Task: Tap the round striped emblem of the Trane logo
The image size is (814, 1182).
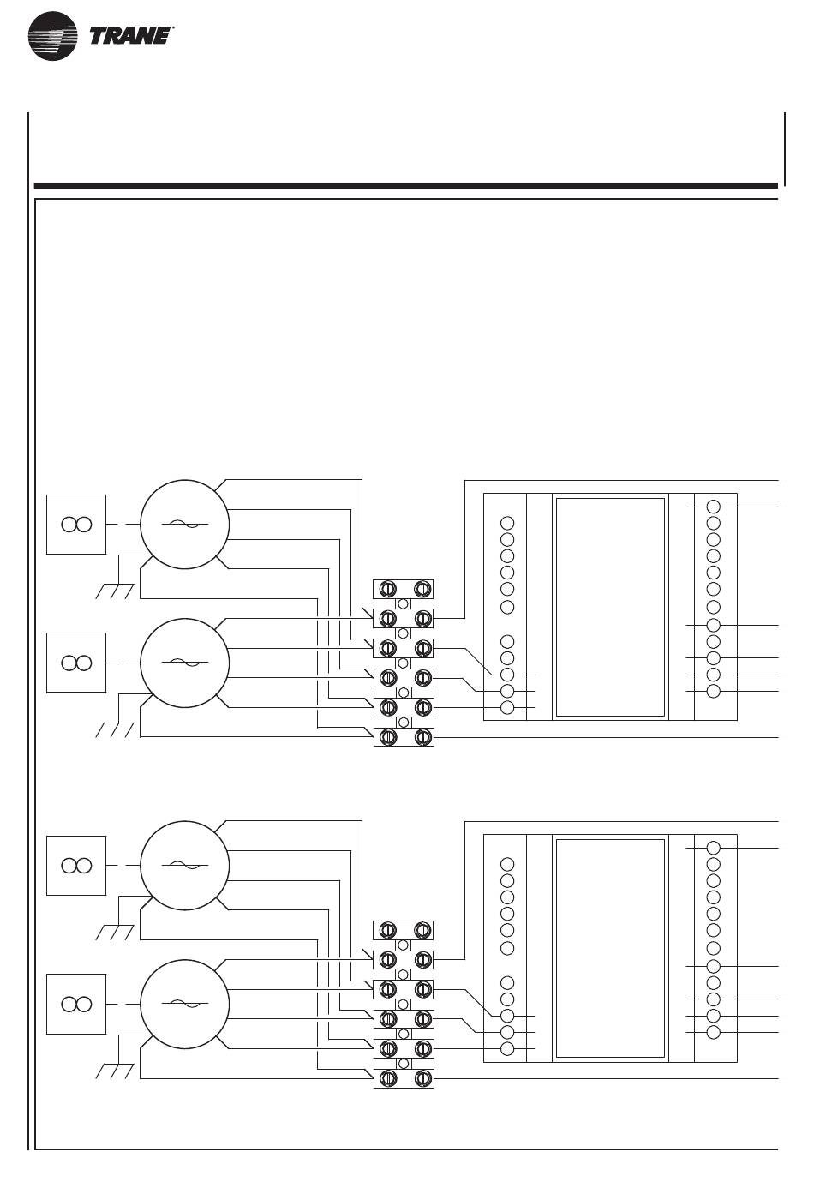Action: (x=53, y=36)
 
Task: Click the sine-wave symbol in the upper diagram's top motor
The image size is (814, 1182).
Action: (x=184, y=524)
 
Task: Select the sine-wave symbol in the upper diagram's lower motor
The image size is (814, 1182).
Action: (x=184, y=663)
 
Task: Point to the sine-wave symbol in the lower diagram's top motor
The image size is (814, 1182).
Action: (x=184, y=866)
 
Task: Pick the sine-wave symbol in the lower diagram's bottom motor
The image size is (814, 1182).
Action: (x=184, y=1004)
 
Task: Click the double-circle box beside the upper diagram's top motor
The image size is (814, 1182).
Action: (x=76, y=525)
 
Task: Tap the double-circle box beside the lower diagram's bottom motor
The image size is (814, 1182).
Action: (x=76, y=1005)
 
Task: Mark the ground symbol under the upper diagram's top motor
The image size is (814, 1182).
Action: (x=115, y=591)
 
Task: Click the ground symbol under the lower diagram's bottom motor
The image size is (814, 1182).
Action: (x=115, y=1071)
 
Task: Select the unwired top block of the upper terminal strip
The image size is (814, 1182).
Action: (x=403, y=589)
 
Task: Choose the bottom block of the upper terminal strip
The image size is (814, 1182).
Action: (x=404, y=737)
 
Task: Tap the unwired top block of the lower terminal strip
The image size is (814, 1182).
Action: (x=403, y=930)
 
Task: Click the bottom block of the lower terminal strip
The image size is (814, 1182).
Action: (x=404, y=1078)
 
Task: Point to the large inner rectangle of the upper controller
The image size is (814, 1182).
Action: (x=610, y=607)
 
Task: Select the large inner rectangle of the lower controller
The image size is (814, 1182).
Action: (x=610, y=948)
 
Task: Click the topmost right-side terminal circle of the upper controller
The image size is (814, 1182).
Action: (x=713, y=507)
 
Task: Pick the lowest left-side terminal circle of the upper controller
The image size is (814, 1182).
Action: (x=507, y=708)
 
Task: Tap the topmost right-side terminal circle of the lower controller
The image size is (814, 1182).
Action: (x=713, y=848)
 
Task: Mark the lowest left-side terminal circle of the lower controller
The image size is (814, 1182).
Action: (x=507, y=1049)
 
